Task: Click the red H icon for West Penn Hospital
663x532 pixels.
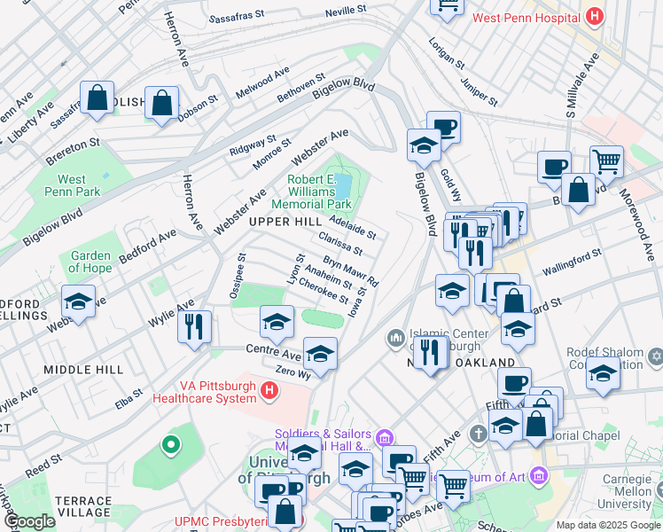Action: click(x=594, y=17)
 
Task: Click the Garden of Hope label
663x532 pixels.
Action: click(x=90, y=262)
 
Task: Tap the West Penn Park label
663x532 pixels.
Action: click(x=66, y=185)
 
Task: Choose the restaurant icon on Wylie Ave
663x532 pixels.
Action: click(x=194, y=325)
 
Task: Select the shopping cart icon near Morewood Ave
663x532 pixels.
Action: click(x=606, y=160)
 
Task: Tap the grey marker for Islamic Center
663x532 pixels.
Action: click(x=394, y=338)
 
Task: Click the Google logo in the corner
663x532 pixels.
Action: click(x=29, y=521)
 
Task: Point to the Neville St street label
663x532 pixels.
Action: click(x=345, y=10)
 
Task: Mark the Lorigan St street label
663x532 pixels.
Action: click(x=446, y=52)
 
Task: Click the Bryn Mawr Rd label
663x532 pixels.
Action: click(x=351, y=271)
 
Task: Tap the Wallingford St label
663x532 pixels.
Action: click(x=572, y=258)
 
